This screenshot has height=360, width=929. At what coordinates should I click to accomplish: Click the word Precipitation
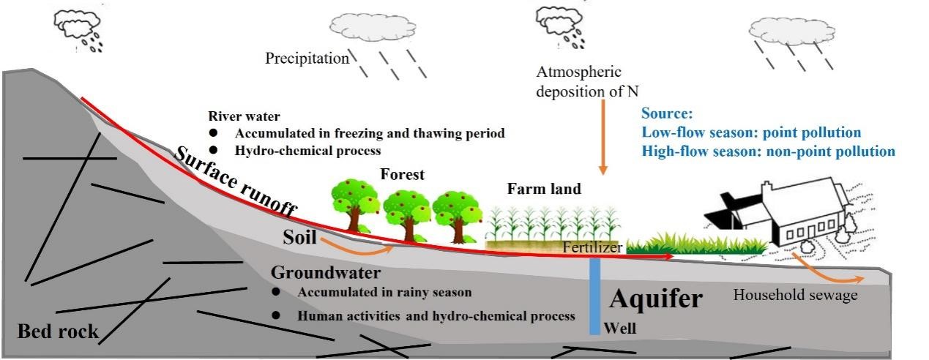(x=307, y=59)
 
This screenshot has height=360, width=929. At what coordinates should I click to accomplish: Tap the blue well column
(x=595, y=293)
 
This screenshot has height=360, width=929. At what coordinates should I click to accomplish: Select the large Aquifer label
(x=655, y=299)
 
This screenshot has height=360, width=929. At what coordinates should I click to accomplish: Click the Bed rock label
(x=58, y=331)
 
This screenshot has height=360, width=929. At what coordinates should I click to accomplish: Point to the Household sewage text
(x=795, y=295)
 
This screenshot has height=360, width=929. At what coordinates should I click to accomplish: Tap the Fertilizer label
(x=592, y=247)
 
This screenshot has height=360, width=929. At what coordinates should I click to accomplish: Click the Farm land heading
(x=544, y=190)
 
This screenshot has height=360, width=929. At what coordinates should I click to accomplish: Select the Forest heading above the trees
(x=402, y=175)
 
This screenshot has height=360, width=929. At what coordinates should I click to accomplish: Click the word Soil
(x=299, y=238)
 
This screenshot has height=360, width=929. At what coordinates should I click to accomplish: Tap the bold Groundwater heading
(x=326, y=273)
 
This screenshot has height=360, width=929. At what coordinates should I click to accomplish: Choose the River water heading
(x=244, y=116)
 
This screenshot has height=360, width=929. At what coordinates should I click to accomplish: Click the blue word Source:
(x=666, y=113)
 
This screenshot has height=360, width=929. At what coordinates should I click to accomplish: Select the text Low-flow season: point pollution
(x=751, y=132)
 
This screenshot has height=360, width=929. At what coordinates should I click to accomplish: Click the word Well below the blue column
(x=619, y=329)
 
